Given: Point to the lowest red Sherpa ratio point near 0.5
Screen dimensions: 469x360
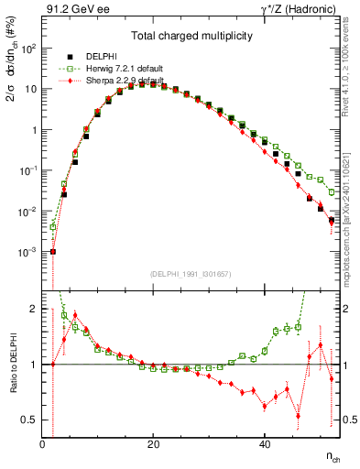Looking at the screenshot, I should pos(298,416).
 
